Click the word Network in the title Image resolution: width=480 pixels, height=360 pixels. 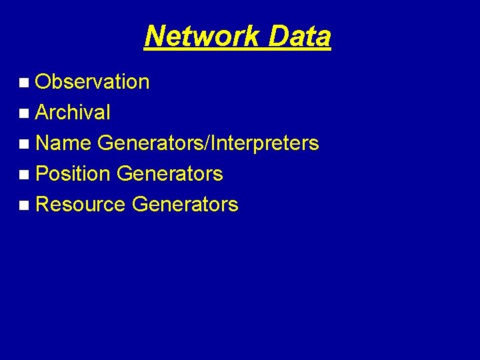201,36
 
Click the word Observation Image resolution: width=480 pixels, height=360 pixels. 92,82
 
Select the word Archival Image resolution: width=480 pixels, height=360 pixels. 73,113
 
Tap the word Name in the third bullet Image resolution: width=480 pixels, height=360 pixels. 63,143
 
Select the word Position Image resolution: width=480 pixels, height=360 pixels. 73,174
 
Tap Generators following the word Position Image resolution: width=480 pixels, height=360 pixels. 169,174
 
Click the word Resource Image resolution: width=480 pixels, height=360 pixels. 80,205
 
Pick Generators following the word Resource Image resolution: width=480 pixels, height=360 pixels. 185,205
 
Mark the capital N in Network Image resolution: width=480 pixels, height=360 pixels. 154,36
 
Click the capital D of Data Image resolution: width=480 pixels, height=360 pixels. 279,36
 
